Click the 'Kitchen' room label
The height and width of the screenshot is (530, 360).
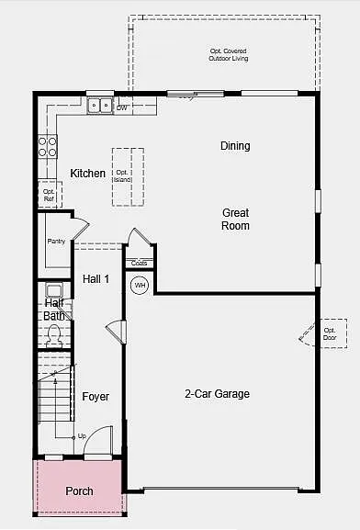tap(88, 174)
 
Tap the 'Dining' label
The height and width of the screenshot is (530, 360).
tap(235, 146)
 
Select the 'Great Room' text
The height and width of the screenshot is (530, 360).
tap(235, 219)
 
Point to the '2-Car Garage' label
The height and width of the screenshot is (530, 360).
tap(217, 394)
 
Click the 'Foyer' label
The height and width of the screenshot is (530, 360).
tap(96, 397)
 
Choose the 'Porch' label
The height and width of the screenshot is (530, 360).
tap(79, 491)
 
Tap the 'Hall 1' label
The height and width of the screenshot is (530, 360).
tap(96, 278)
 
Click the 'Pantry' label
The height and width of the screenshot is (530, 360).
tap(56, 242)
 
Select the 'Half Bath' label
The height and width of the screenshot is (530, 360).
tap(54, 310)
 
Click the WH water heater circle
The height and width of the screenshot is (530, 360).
tap(140, 286)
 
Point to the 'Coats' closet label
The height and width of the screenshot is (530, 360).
tap(139, 264)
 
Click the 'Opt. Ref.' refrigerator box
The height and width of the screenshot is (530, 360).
tap(49, 195)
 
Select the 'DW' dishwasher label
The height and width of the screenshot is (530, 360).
tap(121, 107)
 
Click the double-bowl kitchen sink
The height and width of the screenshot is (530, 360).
tap(100, 107)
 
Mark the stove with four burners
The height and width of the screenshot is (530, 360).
tap(47, 144)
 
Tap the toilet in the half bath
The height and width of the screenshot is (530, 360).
tap(54, 335)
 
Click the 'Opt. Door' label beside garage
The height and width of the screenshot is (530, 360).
tap(330, 333)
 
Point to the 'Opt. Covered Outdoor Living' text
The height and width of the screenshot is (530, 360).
tap(228, 54)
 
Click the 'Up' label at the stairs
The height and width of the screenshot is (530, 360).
tap(82, 435)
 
